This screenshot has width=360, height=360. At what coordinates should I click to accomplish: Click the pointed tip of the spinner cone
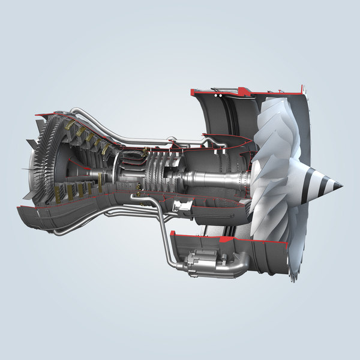click(x=341, y=186)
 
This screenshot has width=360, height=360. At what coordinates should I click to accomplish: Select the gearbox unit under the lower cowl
click(x=205, y=263)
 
